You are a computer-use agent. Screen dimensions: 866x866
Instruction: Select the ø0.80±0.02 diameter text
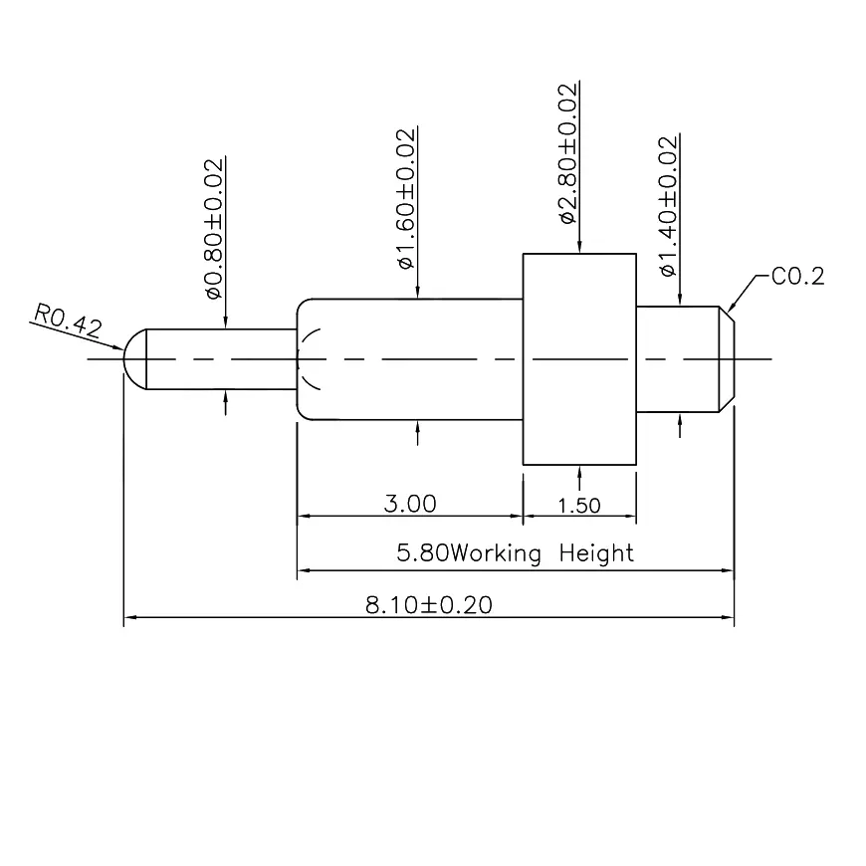[x=213, y=228]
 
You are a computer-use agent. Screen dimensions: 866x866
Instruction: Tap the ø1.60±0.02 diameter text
[x=405, y=199]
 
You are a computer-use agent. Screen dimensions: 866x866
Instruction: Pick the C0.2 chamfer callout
[x=798, y=277]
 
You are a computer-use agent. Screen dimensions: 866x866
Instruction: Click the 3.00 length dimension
[x=410, y=504]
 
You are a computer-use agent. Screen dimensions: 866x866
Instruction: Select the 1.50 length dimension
[x=579, y=505]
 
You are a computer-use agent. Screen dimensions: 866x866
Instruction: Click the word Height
[x=596, y=553]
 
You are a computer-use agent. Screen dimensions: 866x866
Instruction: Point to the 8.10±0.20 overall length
[x=428, y=605]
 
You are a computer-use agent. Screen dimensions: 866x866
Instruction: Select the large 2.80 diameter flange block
[x=579, y=358]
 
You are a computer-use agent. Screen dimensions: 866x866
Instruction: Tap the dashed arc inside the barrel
[x=311, y=358]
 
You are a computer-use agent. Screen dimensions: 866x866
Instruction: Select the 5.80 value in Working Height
[x=422, y=553]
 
